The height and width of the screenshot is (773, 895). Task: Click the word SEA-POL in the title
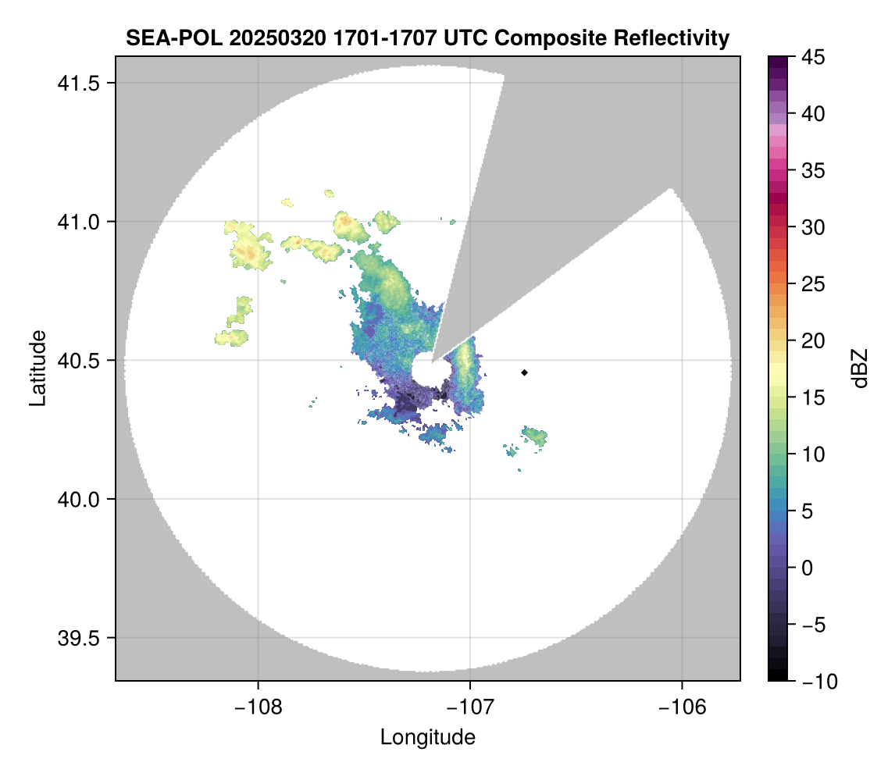pos(160,37)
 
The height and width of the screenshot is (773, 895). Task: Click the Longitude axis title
pos(428,736)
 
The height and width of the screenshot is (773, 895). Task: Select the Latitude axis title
pos(37,368)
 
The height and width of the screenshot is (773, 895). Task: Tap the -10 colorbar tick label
pos(815,682)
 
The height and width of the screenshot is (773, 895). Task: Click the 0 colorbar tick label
pos(805,568)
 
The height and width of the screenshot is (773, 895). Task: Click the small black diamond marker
pos(524,372)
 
